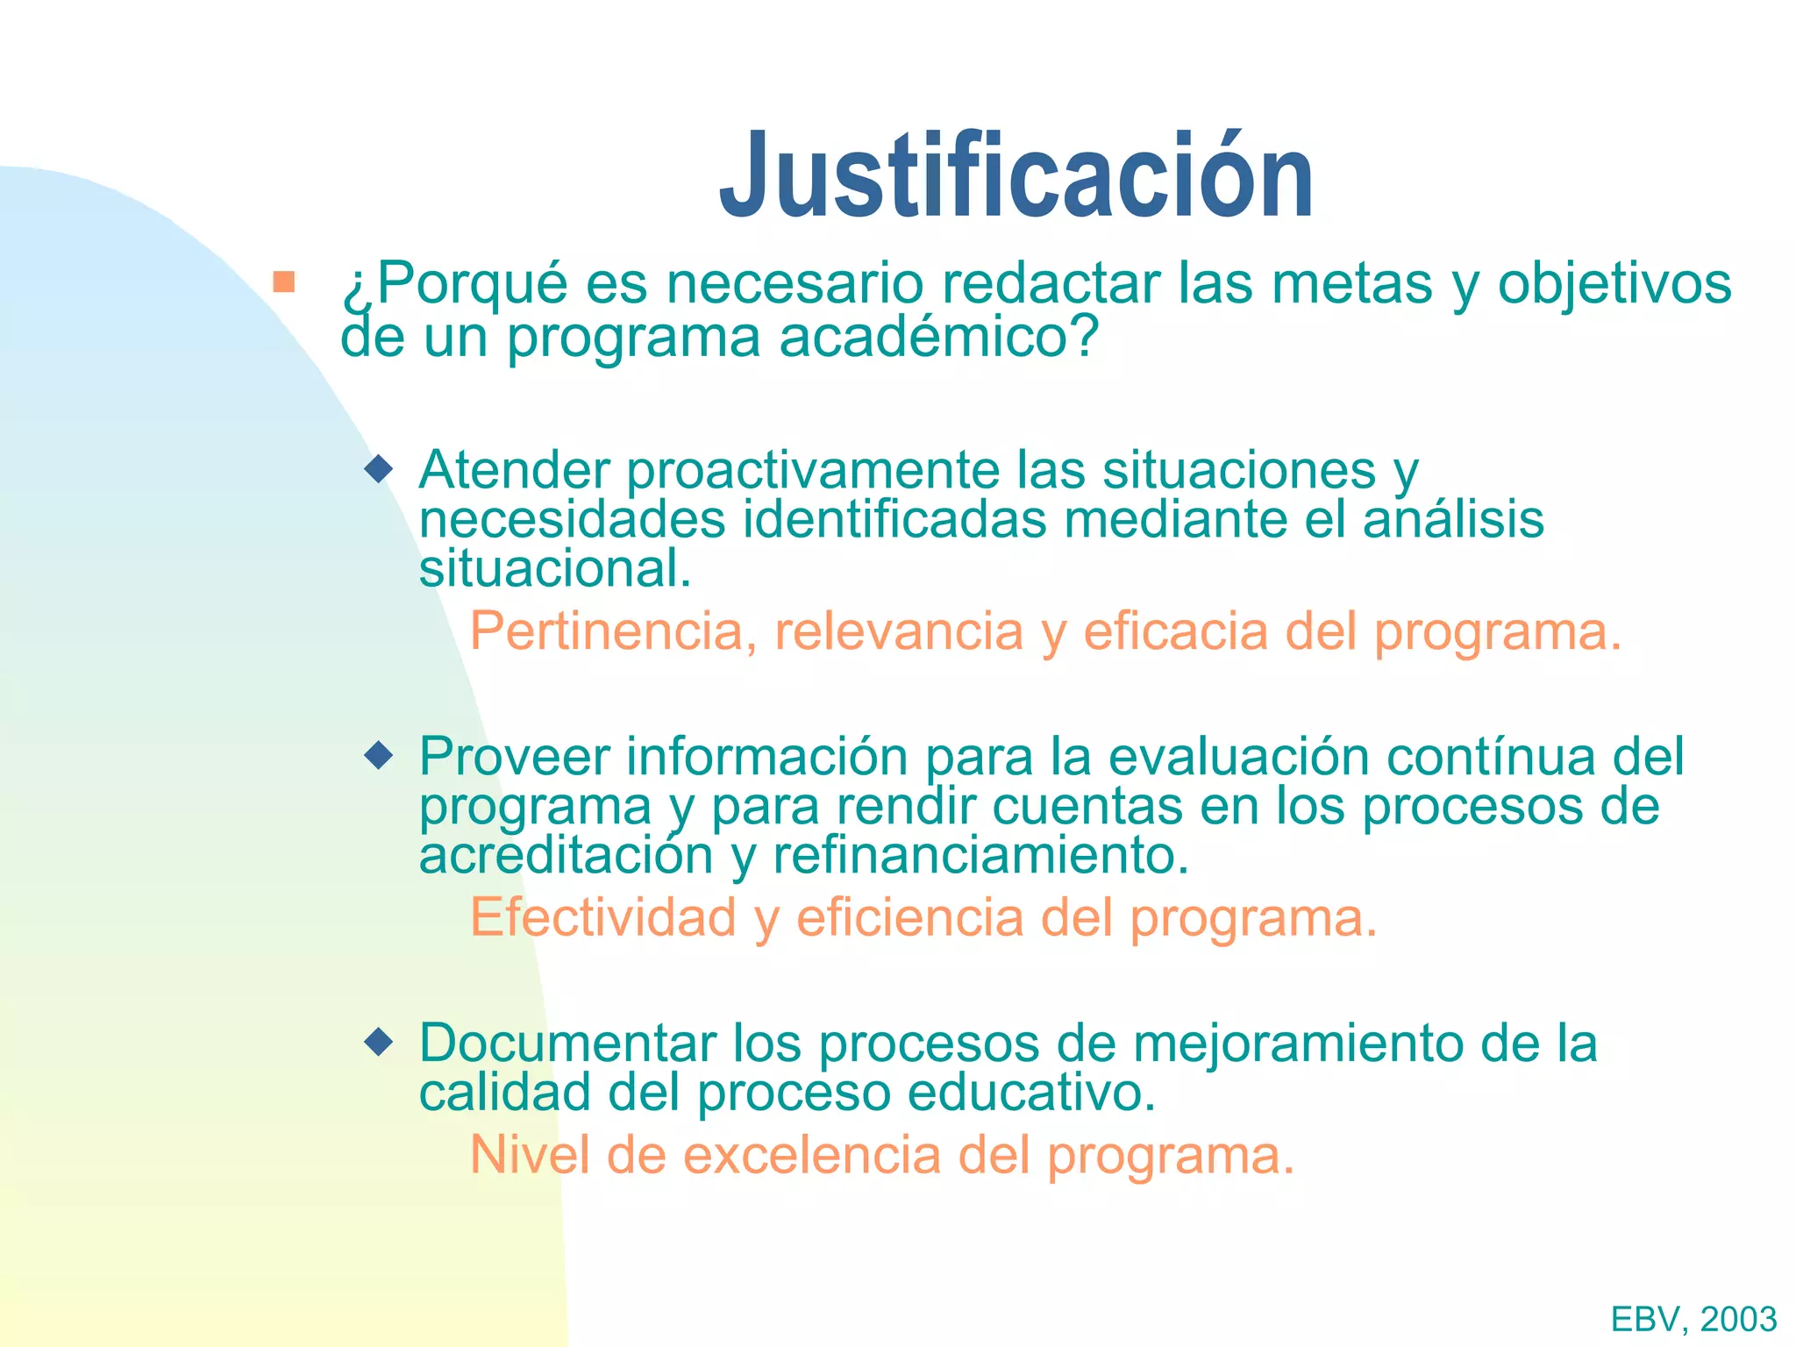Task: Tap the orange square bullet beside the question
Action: (283, 282)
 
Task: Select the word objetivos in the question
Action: (1614, 284)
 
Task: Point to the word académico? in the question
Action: (938, 337)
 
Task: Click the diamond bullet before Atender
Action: (379, 468)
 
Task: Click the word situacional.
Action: (555, 568)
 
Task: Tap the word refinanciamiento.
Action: (980, 856)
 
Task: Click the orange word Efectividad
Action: (602, 918)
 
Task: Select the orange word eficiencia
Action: (909, 918)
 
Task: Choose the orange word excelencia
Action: (811, 1155)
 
